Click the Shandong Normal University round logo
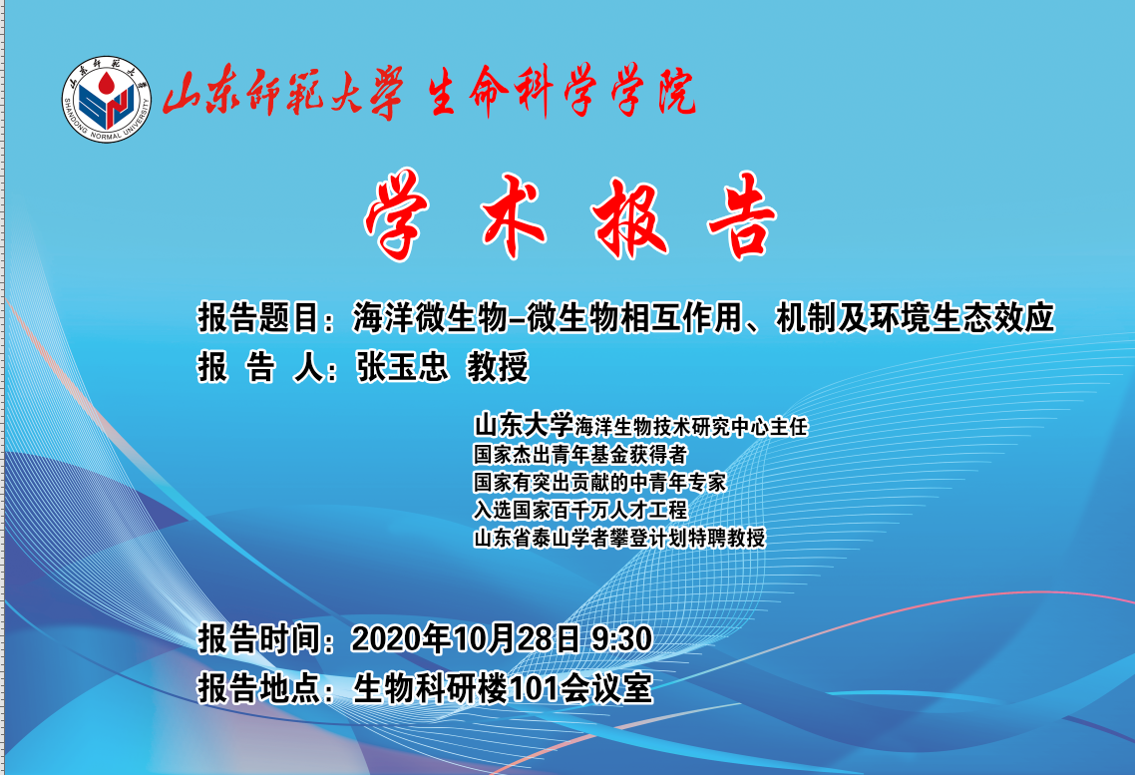pos(107,99)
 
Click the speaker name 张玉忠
pos(402,366)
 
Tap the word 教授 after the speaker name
pos(498,366)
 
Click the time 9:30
pos(621,639)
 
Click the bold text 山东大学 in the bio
pos(524,426)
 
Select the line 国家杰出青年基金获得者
pos(579,455)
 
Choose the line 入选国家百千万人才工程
pos(579,510)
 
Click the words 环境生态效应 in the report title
pos(961,318)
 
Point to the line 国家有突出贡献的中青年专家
pos(599,483)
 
